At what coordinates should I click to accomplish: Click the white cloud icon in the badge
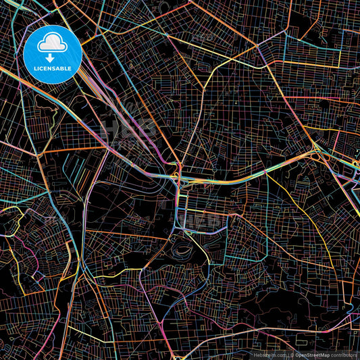53,44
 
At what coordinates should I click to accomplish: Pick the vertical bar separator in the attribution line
288,354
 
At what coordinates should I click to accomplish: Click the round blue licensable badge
53,54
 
